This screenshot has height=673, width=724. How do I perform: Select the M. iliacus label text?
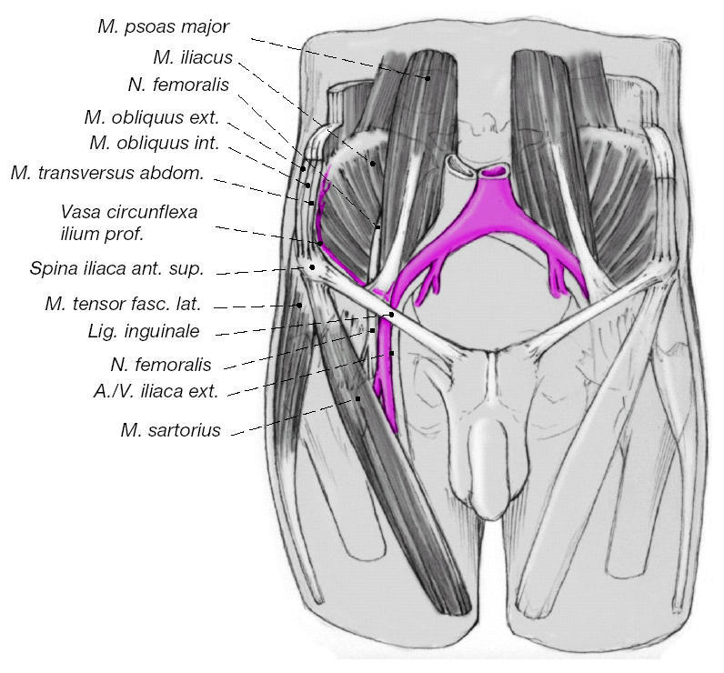192,57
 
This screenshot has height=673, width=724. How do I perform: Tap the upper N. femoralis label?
177,86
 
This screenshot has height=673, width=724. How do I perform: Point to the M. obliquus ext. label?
151,117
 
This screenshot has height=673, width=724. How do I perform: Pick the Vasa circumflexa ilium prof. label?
128,223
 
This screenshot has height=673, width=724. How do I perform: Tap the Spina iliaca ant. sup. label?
117,269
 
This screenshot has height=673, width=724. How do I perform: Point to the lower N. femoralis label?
160,365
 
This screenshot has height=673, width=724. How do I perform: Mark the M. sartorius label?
170,430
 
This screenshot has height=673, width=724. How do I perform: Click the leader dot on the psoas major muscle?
427,78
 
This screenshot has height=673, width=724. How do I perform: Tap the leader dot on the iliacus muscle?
371,163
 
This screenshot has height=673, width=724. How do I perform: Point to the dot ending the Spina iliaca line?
312,266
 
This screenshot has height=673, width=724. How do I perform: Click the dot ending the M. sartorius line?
358,398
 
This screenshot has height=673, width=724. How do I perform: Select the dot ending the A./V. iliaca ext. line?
393,353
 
